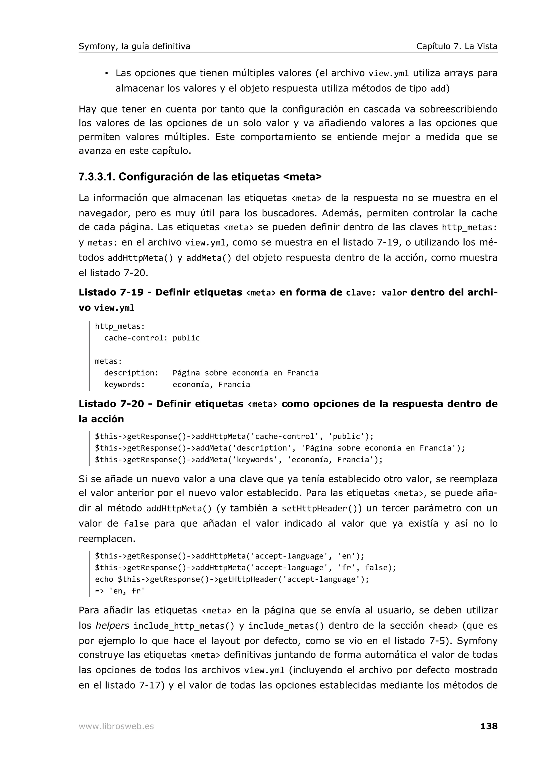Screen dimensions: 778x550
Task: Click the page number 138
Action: pyautogui.click(x=489, y=726)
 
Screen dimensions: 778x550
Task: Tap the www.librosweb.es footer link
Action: pyautogui.click(x=116, y=726)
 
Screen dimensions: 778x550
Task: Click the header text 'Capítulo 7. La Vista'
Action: pyautogui.click(x=457, y=46)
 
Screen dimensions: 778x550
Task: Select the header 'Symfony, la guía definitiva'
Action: pyautogui.click(x=134, y=46)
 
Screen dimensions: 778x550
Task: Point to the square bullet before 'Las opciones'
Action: pyautogui.click(x=106, y=73)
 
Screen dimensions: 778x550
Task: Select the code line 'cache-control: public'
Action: pyautogui.click(x=152, y=338)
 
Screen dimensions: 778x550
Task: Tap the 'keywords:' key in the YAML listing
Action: pyautogui.click(x=124, y=384)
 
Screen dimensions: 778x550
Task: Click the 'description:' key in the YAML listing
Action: pyautogui.click(x=131, y=373)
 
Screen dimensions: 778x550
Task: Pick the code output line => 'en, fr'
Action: pyautogui.click(x=120, y=591)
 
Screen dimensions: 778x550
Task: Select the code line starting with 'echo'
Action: pyautogui.click(x=231, y=579)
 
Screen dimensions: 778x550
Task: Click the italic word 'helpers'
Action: pyautogui.click(x=112, y=626)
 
